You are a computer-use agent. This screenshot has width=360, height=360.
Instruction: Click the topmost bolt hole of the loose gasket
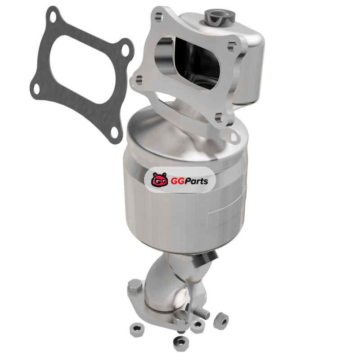point(53,18)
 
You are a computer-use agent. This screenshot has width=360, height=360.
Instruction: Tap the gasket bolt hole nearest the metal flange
point(125,50)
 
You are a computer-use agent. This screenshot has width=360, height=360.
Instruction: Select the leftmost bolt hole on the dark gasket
point(36,89)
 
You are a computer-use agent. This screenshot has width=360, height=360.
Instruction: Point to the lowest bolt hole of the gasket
point(114,133)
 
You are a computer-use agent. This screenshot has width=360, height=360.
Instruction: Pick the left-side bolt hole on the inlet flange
point(139,81)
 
